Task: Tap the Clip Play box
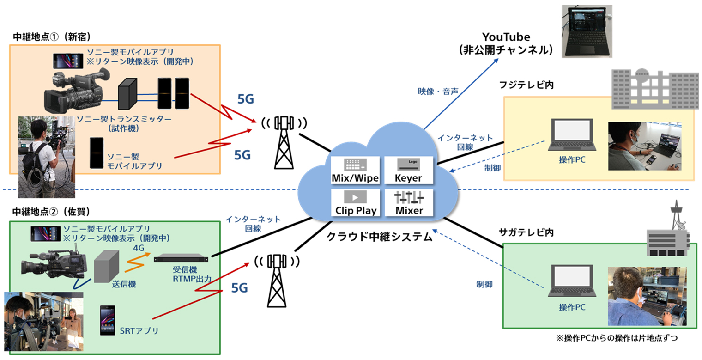(x=355, y=203)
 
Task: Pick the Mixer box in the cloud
(x=409, y=203)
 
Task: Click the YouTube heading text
(x=505, y=37)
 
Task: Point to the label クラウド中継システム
(x=380, y=237)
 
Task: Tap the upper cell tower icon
(x=283, y=141)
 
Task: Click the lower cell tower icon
(x=277, y=280)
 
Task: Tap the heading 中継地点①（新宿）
(x=51, y=36)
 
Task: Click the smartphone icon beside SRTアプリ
(x=107, y=320)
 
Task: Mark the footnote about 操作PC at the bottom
(x=619, y=338)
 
